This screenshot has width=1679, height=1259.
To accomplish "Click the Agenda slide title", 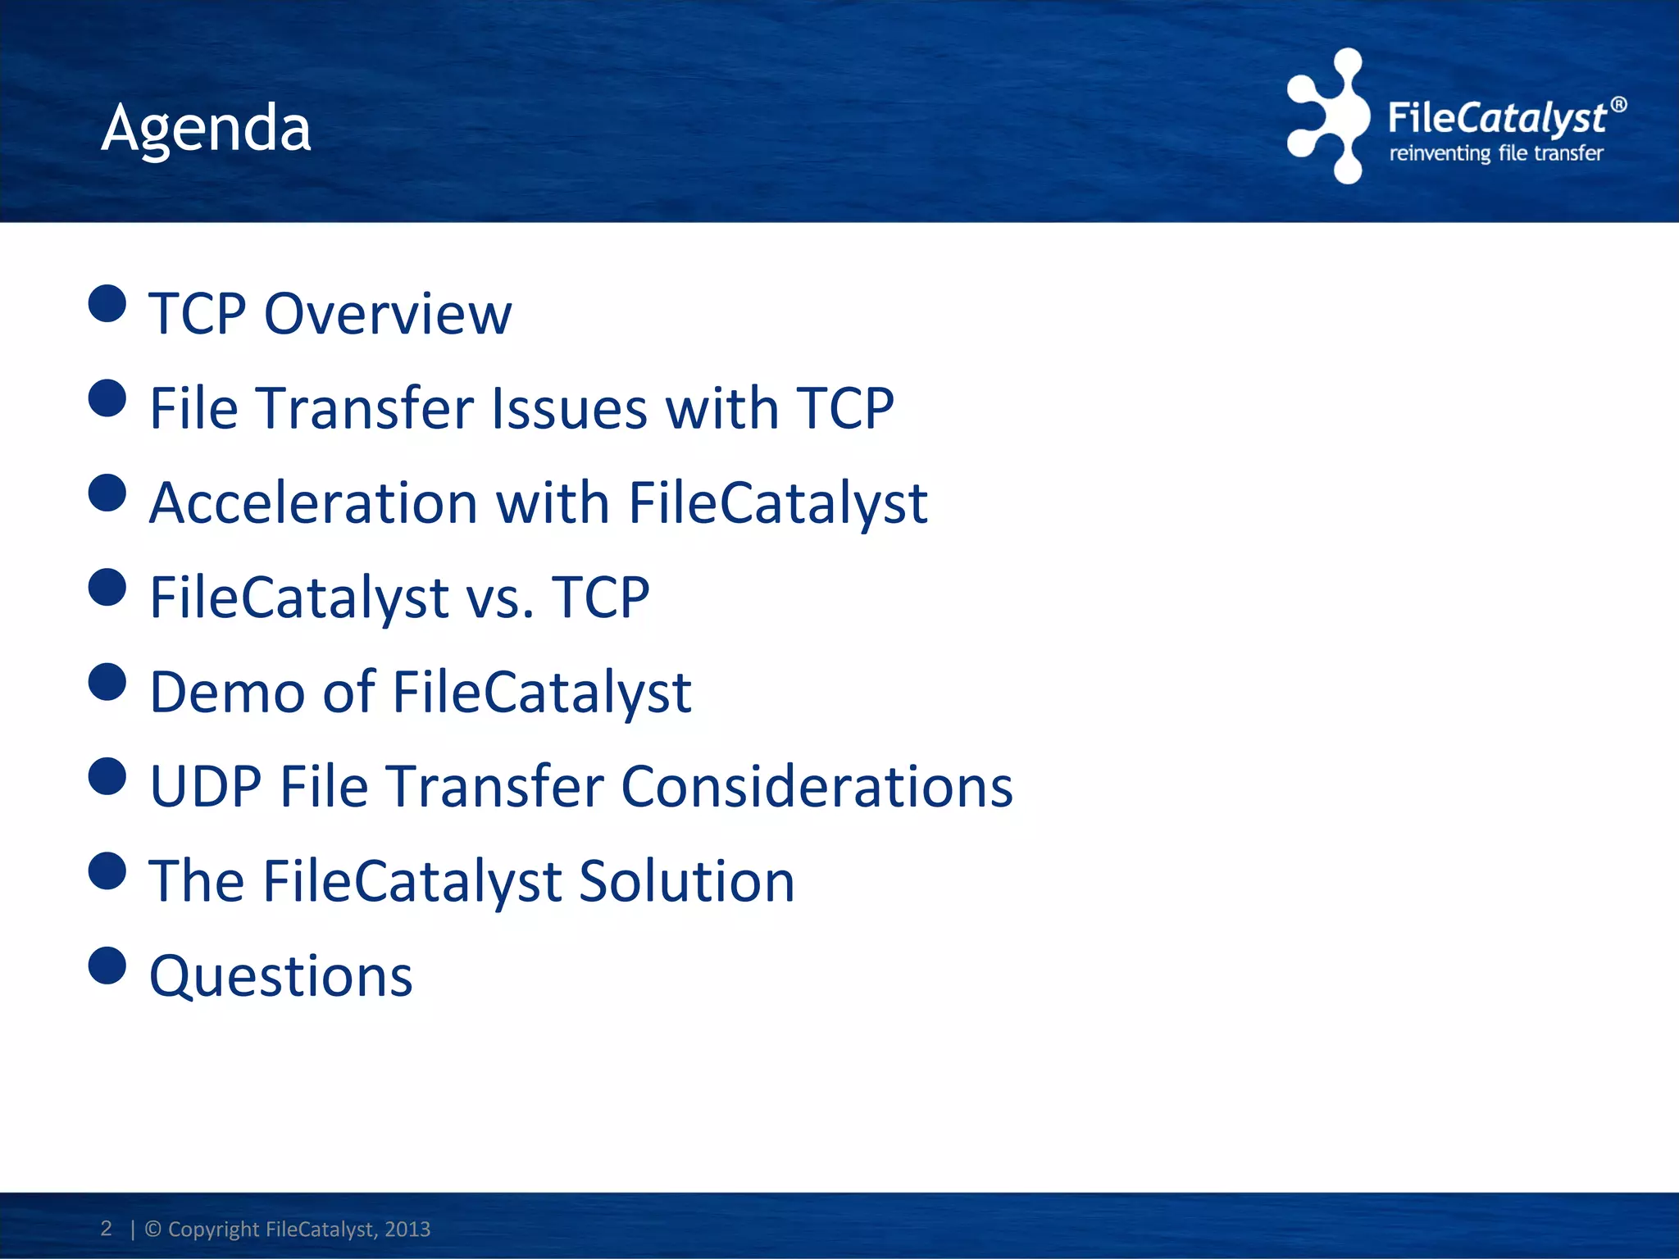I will pos(206,129).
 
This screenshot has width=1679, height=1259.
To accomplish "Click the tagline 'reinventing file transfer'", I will pos(1495,153).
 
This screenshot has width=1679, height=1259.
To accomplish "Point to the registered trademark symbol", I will pos(1618,105).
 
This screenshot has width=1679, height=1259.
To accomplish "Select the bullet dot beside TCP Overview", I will pos(107,303).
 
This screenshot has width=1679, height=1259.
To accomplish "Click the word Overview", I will pos(388,314).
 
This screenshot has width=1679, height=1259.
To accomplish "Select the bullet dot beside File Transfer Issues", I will pos(107,398).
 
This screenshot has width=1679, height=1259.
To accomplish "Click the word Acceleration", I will pos(313,502).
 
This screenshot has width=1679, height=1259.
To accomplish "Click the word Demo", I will pos(227,692).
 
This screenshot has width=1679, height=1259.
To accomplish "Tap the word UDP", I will pos(206,786).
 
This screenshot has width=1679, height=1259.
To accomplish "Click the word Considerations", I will pos(817,786).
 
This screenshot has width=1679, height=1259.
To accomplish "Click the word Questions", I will pos(281,976).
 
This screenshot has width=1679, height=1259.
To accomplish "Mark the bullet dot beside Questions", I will pos(107,965).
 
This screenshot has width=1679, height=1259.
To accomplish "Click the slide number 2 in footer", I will pos(106,1228).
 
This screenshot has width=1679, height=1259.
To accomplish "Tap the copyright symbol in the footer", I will pos(153,1229).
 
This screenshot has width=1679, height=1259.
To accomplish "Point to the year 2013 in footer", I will pos(407,1229).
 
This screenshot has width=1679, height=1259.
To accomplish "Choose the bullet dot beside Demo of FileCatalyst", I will pos(107,682).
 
